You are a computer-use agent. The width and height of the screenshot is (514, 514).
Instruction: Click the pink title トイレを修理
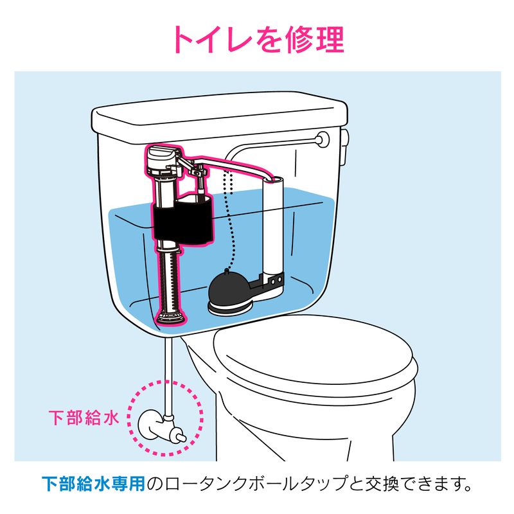(259, 39)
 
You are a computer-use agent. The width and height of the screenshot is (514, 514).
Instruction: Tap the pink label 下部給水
(84, 418)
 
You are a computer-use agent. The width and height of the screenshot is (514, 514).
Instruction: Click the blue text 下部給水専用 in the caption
(93, 484)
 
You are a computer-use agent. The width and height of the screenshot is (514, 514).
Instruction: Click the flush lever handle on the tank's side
(344, 148)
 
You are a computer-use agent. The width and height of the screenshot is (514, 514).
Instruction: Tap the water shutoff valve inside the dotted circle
(161, 428)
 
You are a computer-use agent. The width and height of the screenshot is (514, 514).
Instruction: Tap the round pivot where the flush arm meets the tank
(323, 139)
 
